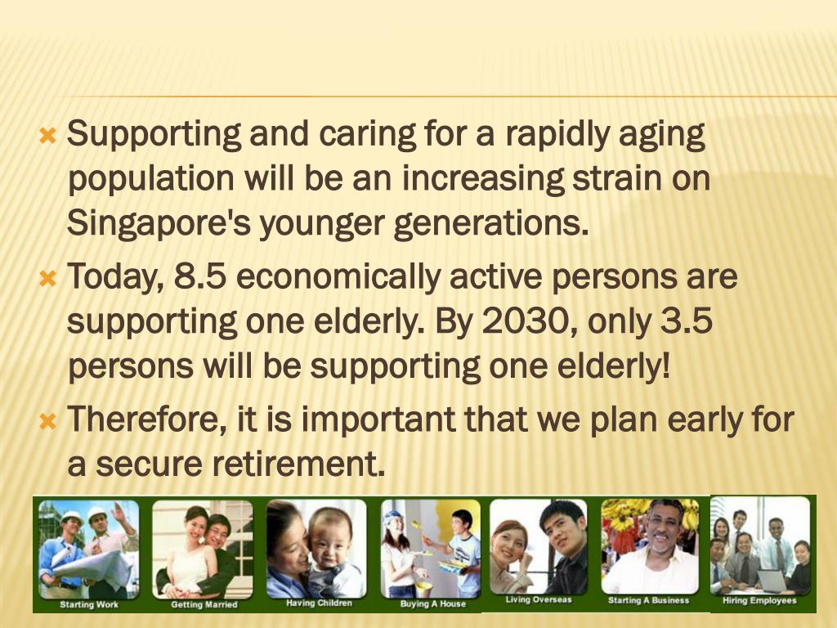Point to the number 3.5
[686, 322]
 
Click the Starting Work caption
[89, 605]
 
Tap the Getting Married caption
[204, 605]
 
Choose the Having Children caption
[319, 603]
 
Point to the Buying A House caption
[432, 604]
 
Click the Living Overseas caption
[538, 600]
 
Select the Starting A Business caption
[649, 600]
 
